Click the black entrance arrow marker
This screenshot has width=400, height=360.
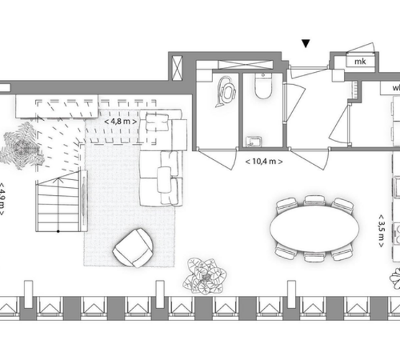click(x=306, y=43)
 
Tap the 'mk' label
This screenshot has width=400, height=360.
click(x=360, y=61)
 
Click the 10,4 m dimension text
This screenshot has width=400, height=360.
click(x=264, y=161)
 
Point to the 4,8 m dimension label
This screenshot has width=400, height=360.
click(x=120, y=121)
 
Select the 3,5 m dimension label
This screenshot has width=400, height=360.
click(x=381, y=231)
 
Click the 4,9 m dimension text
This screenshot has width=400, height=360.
click(x=2, y=199)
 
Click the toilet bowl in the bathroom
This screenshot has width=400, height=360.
click(x=263, y=86)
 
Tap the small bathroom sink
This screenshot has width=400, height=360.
click(x=253, y=142)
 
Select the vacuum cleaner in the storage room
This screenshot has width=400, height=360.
click(x=226, y=91)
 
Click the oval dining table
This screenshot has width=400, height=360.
click(x=314, y=228)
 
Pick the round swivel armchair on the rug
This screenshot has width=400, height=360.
click(x=133, y=248)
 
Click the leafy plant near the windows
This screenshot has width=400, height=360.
click(x=205, y=276)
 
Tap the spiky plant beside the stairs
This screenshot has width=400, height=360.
click(x=21, y=146)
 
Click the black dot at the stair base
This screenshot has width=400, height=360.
click(x=58, y=231)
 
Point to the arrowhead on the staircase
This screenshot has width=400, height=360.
click(x=58, y=180)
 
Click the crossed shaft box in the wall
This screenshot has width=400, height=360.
click(x=178, y=68)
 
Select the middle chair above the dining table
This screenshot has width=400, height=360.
click(x=314, y=200)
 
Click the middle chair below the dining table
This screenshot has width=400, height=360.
click(x=314, y=256)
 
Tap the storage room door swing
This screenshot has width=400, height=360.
click(x=217, y=159)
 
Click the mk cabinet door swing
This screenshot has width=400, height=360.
click(x=360, y=48)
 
